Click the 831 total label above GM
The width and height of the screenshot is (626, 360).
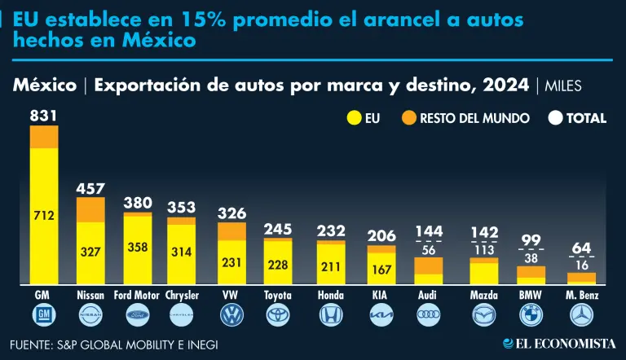click(44, 116)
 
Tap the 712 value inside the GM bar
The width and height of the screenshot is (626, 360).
click(44, 216)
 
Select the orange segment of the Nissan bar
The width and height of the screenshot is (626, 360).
click(90, 209)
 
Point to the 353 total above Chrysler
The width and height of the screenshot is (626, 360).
click(182, 207)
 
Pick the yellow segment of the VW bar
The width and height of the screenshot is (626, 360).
click(231, 261)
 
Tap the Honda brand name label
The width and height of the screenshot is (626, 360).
click(331, 295)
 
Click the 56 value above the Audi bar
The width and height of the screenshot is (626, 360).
click(430, 249)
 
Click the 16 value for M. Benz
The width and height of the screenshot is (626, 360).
click(582, 264)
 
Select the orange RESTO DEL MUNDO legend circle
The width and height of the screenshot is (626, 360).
click(409, 118)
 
